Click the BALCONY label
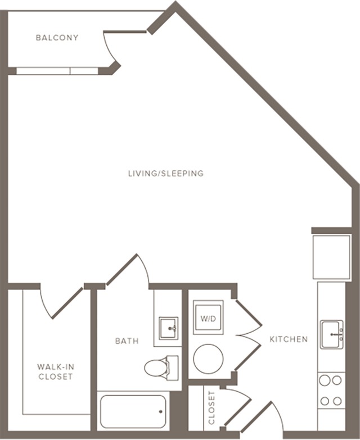(57, 38)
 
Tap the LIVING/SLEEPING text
(166, 174)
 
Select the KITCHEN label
(289, 339)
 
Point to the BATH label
(127, 341)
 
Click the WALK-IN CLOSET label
(56, 371)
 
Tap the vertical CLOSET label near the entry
(211, 408)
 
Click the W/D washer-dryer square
(208, 317)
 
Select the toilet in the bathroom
(161, 368)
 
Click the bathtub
(133, 412)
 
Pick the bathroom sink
(169, 328)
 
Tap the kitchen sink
(332, 334)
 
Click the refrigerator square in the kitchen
(332, 257)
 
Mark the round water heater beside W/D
(208, 359)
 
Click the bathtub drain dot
(161, 412)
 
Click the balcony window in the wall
(57, 71)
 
